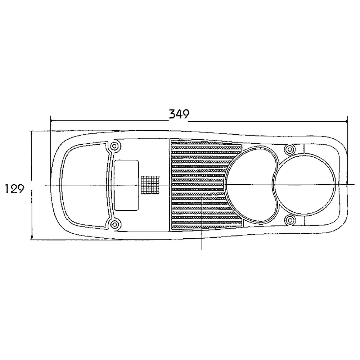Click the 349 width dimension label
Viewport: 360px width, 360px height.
tap(179, 114)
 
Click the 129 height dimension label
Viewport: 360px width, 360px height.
tap(14, 189)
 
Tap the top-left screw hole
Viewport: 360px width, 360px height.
tap(114, 146)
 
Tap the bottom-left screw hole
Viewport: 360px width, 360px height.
tap(114, 223)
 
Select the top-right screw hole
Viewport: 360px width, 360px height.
tap(290, 150)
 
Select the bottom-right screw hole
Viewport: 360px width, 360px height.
tap(290, 220)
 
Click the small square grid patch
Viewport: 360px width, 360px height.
tap(150, 185)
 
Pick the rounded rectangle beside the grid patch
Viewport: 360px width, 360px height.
tap(126, 185)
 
